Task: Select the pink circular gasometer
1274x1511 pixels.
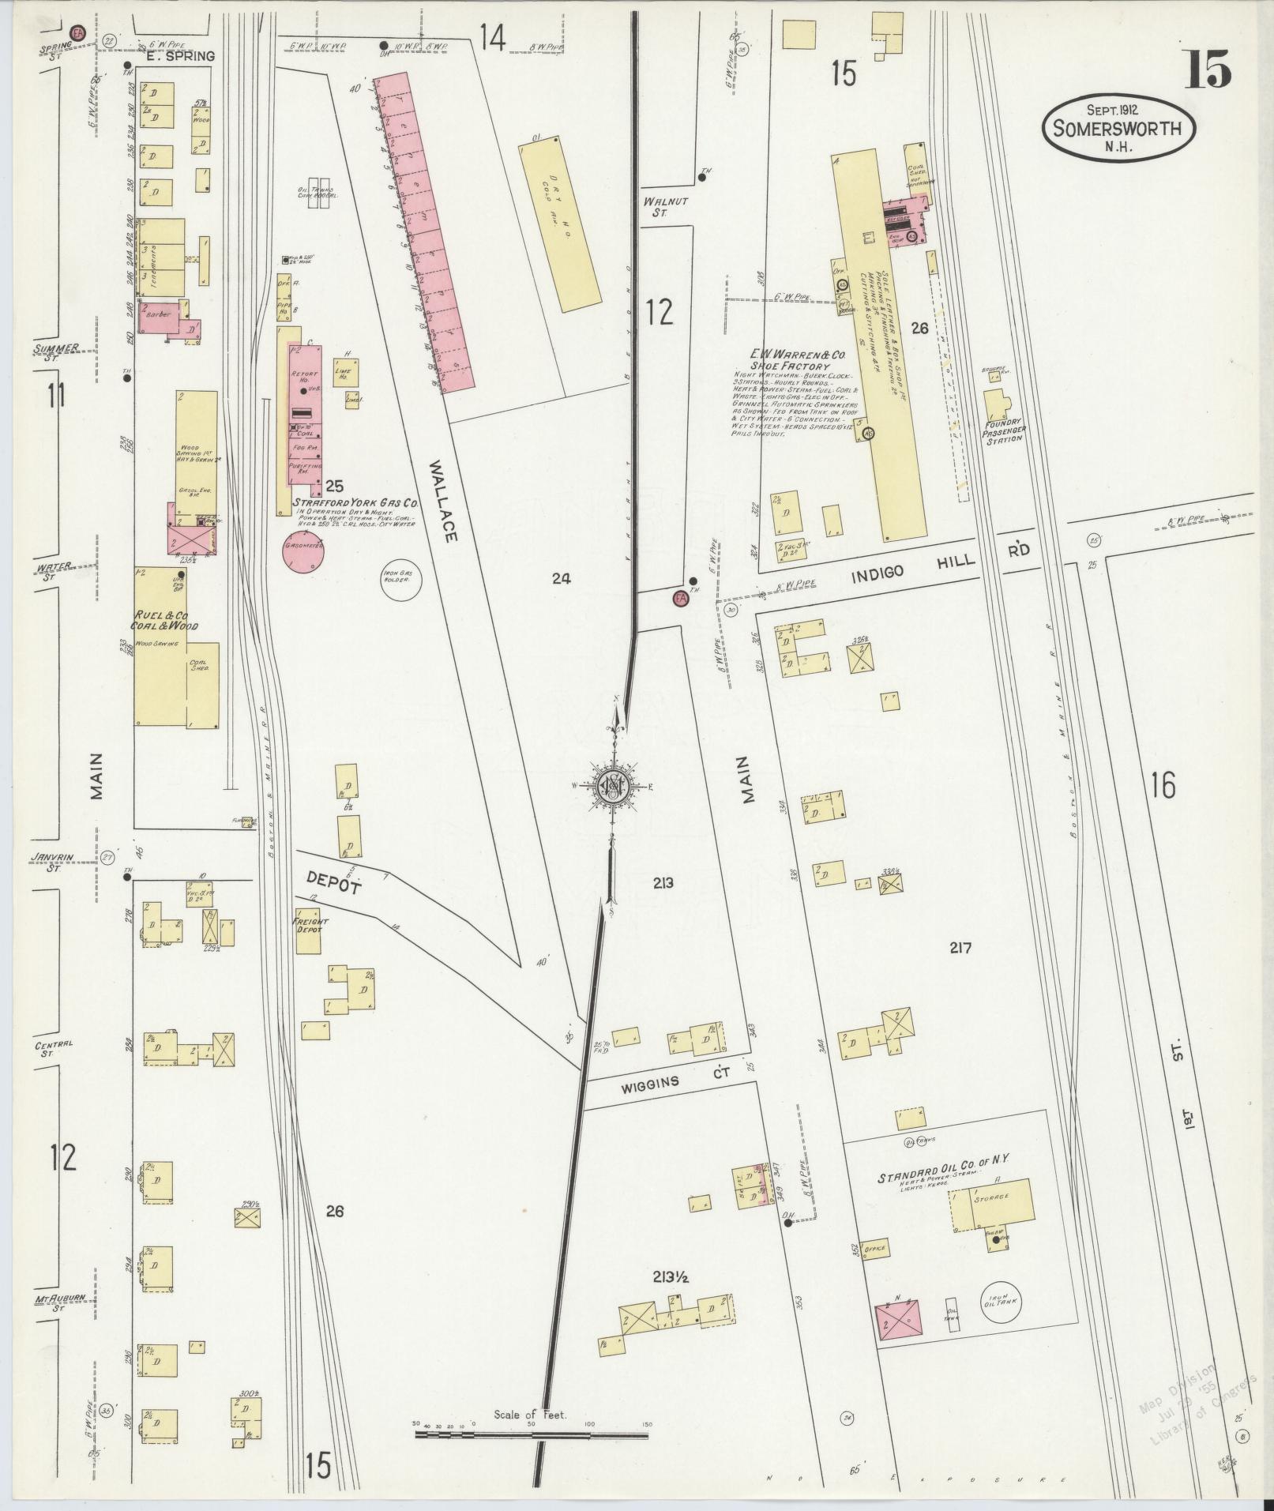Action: point(303,554)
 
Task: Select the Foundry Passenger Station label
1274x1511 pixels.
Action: point(1003,431)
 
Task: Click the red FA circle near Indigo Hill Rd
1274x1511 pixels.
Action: point(679,599)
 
